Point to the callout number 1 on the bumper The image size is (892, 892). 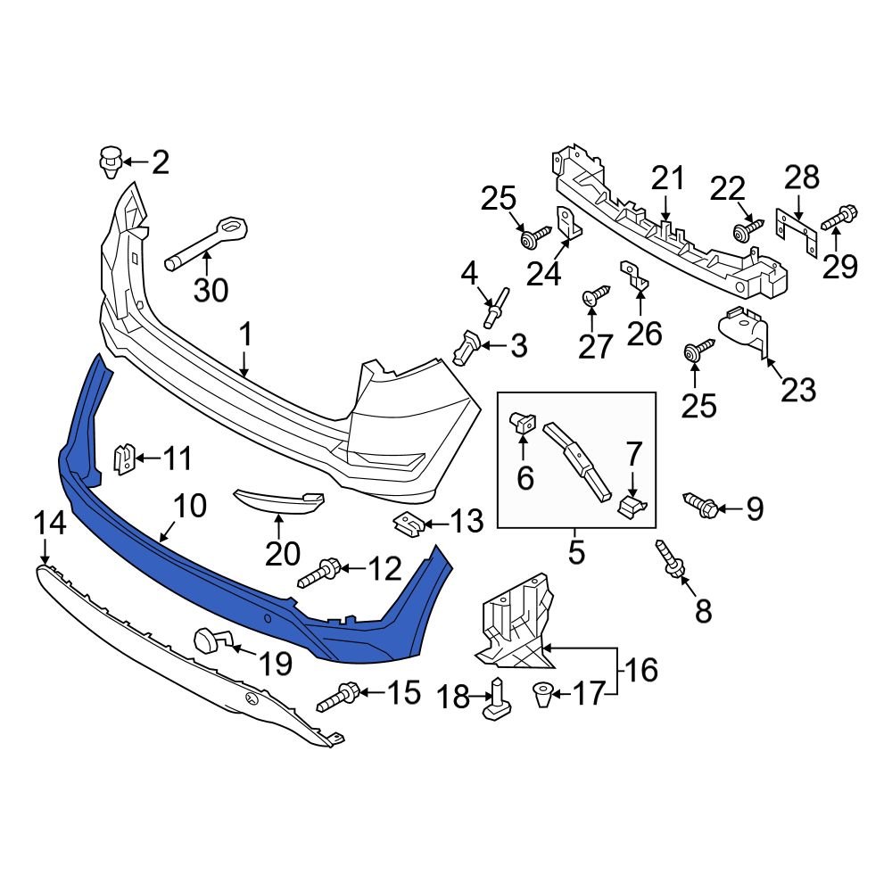pyautogui.click(x=244, y=336)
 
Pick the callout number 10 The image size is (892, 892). pyautogui.click(x=190, y=507)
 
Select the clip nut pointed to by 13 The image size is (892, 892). pyautogui.click(x=409, y=521)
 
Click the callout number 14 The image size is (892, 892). pyautogui.click(x=50, y=524)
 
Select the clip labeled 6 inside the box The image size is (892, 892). pyautogui.click(x=521, y=425)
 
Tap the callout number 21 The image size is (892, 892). pyautogui.click(x=667, y=179)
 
